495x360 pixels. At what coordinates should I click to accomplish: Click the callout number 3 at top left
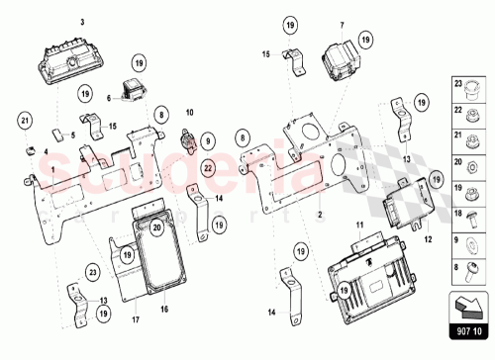[x=82, y=21]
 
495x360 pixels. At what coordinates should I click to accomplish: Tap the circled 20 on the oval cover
[x=157, y=228]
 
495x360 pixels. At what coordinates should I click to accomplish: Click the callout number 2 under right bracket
[x=321, y=215]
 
